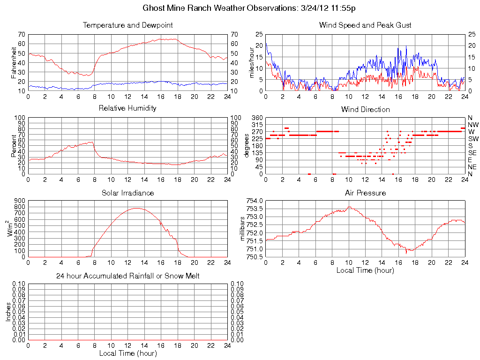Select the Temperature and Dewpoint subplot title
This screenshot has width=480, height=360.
pyautogui.click(x=127, y=25)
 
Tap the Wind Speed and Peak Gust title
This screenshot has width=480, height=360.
pyautogui.click(x=365, y=25)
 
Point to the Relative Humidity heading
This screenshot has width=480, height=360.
pyautogui.click(x=127, y=108)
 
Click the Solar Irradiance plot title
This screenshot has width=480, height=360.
pyautogui.click(x=127, y=193)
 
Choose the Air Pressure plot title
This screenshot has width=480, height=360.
pyautogui.click(x=365, y=193)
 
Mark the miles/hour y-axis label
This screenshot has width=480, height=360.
pyautogui.click(x=252, y=62)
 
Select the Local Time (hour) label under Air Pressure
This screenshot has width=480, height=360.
pyautogui.click(x=365, y=270)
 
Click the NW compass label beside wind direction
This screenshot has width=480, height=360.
pyautogui.click(x=472, y=125)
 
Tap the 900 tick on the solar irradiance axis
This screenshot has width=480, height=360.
pyautogui.click(x=19, y=201)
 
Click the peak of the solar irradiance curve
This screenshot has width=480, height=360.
pyautogui.click(x=137, y=208)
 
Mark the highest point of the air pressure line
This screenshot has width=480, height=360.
pyautogui.click(x=349, y=207)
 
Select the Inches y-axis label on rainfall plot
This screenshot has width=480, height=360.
pyautogui.click(x=8, y=311)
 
